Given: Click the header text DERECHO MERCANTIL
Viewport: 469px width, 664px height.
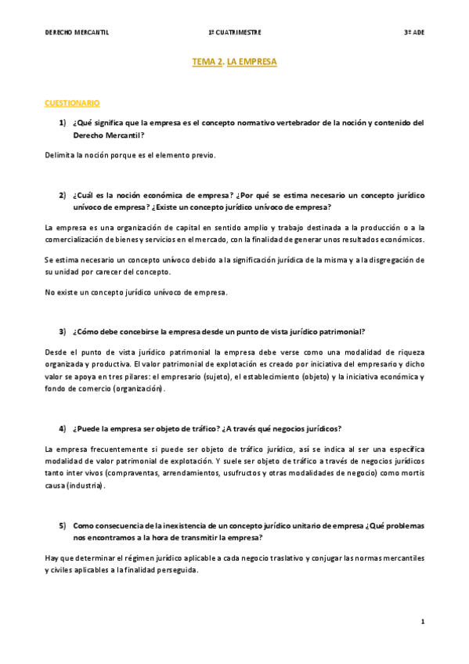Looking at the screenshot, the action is (x=77, y=33).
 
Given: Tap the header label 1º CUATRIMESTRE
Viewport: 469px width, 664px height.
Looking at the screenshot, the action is (x=234, y=33).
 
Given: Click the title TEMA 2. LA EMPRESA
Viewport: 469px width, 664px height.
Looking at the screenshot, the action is (x=234, y=60).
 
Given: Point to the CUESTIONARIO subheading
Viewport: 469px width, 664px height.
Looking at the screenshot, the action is (x=72, y=103).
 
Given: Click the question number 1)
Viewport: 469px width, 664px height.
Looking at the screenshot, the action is (x=62, y=122).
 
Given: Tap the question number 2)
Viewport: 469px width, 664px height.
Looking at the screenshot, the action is (x=62, y=194).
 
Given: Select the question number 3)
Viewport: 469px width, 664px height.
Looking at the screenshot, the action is (x=62, y=331).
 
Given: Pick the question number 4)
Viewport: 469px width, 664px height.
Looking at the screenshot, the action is (x=62, y=428).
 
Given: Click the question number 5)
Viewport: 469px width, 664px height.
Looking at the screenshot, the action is (x=62, y=525).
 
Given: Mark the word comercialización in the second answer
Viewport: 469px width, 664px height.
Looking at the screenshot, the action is (x=77, y=239).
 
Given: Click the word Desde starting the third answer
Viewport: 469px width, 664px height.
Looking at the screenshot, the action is (x=57, y=351).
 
